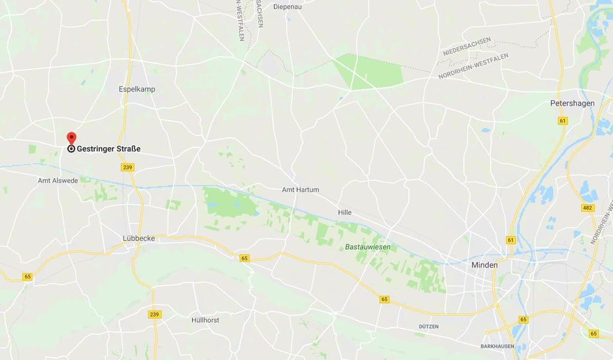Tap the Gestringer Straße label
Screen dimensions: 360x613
pyautogui.click(x=108, y=149)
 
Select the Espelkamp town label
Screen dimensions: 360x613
pyautogui.click(x=136, y=89)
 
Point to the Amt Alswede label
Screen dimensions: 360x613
pyautogui.click(x=57, y=180)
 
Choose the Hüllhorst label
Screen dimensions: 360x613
pyautogui.click(x=205, y=320)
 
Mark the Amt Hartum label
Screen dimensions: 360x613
pyautogui.click(x=301, y=190)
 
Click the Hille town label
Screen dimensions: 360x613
pyautogui.click(x=344, y=212)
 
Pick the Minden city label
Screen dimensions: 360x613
pyautogui.click(x=484, y=265)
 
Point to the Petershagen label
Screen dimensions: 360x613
pyautogui.click(x=572, y=103)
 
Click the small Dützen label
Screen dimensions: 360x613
pyautogui.click(x=429, y=326)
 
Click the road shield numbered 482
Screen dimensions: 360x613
pyautogui.click(x=588, y=208)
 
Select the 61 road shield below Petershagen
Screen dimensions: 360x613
pyautogui.click(x=562, y=121)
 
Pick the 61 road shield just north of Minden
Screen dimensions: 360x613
pyautogui.click(x=511, y=240)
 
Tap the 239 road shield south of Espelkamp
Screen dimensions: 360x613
pyautogui.click(x=127, y=167)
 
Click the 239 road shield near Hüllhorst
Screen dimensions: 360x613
pyautogui.click(x=154, y=314)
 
